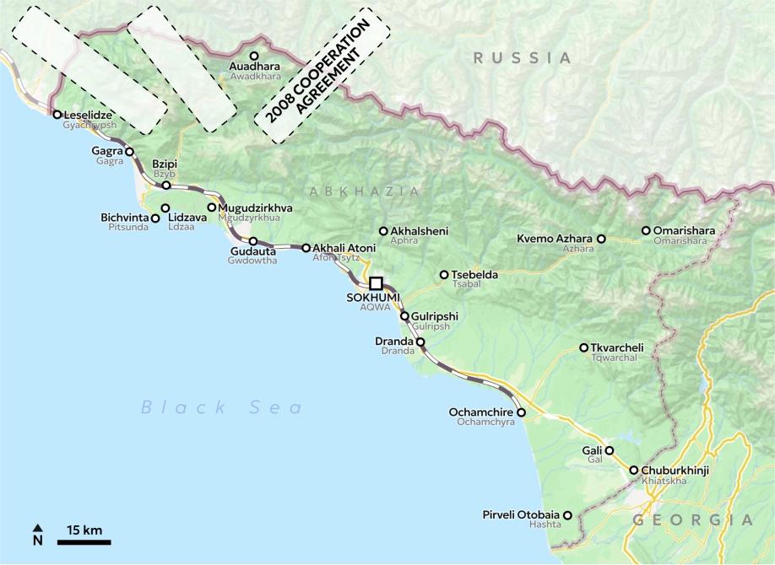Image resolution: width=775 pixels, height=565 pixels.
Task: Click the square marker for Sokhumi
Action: [x=377, y=283]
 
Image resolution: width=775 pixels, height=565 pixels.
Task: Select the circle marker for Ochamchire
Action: [x=521, y=413]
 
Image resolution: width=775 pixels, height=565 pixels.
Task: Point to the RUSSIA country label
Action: [x=522, y=58]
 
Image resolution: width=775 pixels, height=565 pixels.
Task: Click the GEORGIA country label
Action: [x=692, y=519]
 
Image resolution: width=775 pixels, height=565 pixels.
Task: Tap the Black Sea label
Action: [x=221, y=408]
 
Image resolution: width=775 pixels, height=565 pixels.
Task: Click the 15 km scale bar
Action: [x=84, y=541]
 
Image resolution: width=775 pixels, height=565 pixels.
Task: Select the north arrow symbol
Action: [x=37, y=534]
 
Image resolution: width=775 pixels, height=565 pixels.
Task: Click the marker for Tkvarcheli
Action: [x=583, y=347]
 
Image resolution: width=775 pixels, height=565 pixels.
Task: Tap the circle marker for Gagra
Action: [x=129, y=152]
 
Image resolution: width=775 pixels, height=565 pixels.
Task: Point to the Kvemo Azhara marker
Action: [x=601, y=239]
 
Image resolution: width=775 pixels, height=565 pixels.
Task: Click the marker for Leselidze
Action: [x=57, y=115]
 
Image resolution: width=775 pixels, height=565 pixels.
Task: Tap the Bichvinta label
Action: [x=124, y=218]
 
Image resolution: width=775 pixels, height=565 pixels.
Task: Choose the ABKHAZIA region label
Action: [x=365, y=191]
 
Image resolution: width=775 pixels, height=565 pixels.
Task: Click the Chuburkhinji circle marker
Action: [x=634, y=471]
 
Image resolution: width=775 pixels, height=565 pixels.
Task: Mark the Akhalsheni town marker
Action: [x=383, y=231]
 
